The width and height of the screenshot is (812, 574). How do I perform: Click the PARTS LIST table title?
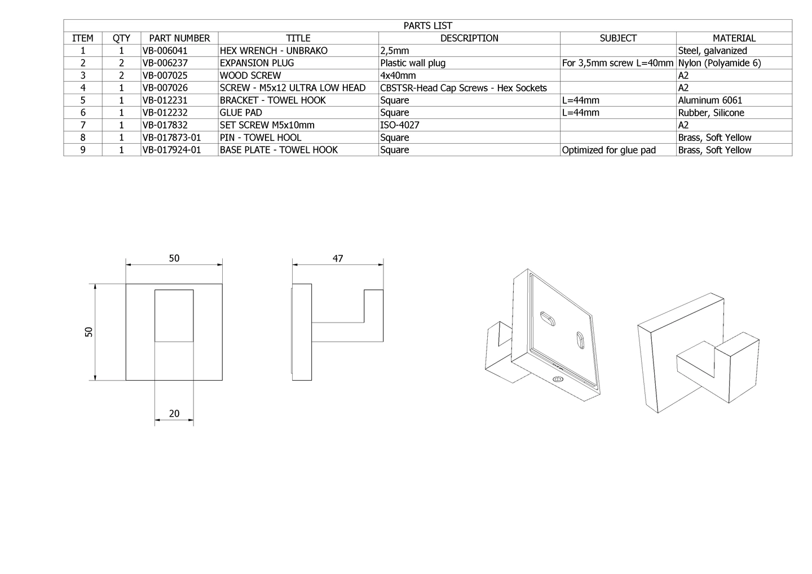pos(428,26)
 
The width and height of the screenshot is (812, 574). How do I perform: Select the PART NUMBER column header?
pos(179,38)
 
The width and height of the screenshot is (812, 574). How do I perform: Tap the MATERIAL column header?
pos(734,38)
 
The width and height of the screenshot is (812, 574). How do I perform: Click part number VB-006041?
pos(165,51)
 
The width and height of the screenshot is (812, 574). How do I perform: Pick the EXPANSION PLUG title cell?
pos(257,63)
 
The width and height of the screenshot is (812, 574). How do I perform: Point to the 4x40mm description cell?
pos(398,76)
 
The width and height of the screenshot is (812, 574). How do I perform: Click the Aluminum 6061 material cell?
pos(710,100)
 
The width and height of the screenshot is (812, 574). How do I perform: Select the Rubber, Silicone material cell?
pos(711,113)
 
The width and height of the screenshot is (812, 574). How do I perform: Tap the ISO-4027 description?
pos(399,125)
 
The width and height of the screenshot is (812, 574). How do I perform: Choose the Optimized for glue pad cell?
pos(608,150)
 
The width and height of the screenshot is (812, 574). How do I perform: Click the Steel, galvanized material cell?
pos(713,51)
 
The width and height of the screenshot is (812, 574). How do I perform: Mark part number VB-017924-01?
pos(171,150)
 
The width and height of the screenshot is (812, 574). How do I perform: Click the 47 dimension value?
pos(337,258)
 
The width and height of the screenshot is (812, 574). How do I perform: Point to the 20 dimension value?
pos(174,413)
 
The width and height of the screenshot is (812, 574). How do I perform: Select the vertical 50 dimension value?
pos(89,332)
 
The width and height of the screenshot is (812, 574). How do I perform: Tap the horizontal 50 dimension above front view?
pos(174,258)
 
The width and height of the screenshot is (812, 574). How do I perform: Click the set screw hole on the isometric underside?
pos(558,379)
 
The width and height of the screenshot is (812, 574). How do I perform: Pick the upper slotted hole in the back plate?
pos(548,318)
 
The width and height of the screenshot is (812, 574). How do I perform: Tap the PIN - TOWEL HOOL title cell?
pos(261,138)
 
